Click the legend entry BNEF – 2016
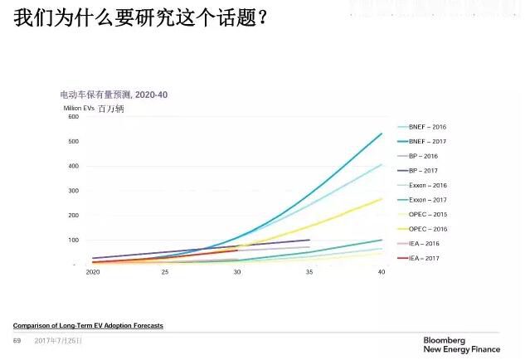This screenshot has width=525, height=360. click(428, 127)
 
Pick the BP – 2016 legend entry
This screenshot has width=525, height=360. click(424, 156)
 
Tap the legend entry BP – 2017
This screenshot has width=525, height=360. click(424, 170)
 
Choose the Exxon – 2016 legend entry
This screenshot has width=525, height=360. click(429, 185)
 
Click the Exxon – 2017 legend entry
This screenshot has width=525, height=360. click(429, 200)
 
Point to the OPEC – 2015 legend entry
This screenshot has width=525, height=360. click(428, 214)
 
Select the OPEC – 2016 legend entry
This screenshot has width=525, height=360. click(428, 229)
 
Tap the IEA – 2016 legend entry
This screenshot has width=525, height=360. click(424, 244)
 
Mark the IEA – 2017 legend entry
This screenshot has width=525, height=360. click(424, 258)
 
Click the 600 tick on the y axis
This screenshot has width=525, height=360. click(72, 117)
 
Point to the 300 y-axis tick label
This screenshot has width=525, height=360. click(72, 191)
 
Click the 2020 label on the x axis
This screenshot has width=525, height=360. click(93, 273)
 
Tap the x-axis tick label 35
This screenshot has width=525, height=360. click(309, 273)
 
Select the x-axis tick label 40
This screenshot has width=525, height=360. click(382, 273)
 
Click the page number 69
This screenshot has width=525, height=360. click(17, 341)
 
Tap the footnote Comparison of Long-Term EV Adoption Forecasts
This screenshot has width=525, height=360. click(88, 325)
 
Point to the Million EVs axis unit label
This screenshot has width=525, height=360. click(79, 109)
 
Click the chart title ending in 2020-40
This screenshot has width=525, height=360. click(114, 95)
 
